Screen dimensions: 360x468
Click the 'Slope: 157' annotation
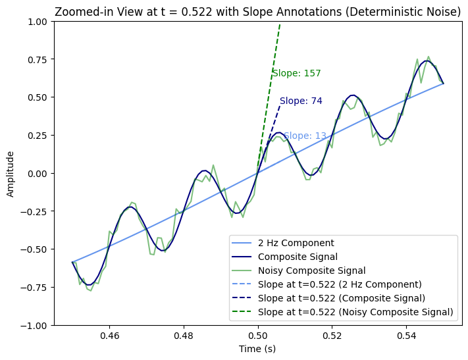pyautogui.click(x=297, y=73)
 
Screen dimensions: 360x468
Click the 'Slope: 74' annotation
pyautogui.click(x=301, y=101)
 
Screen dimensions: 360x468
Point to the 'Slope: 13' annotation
pyautogui.click(x=305, y=136)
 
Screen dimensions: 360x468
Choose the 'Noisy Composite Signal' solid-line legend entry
pyautogui.click(x=311, y=270)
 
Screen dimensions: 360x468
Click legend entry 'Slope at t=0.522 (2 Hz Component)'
pyautogui.click(x=340, y=284)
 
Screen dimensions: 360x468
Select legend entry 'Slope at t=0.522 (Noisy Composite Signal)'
pyautogui.click(x=355, y=312)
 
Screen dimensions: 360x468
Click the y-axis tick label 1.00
pyautogui.click(x=38, y=22)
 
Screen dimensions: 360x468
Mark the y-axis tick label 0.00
pyautogui.click(x=38, y=174)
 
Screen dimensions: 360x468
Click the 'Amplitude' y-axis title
pyautogui.click(x=11, y=174)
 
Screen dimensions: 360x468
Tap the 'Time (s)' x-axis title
pyautogui.click(x=257, y=349)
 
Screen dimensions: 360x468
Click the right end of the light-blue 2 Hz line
pyautogui.click(x=444, y=84)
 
